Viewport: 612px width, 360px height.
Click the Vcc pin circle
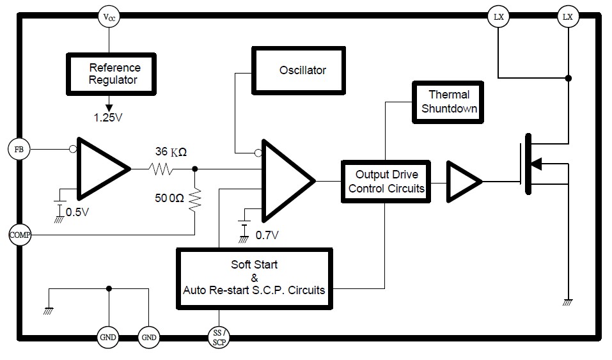point(109,17)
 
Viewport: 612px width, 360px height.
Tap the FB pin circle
point(19,149)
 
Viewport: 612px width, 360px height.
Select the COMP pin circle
point(20,235)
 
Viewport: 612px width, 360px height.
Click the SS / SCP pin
point(219,338)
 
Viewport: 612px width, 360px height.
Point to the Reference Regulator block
point(111,74)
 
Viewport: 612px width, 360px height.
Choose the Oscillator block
point(299,71)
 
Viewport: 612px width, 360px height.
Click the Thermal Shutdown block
point(448,102)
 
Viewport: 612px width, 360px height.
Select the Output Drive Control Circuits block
point(386,182)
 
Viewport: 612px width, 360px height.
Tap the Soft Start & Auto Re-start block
point(255,279)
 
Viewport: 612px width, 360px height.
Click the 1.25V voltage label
point(108,118)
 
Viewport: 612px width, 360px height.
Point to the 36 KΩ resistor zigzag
point(161,169)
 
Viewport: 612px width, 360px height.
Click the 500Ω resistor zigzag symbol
point(195,201)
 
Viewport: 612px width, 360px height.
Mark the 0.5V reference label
point(77,212)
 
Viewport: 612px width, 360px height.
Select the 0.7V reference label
point(267,235)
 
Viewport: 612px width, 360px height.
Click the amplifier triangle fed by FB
point(104,169)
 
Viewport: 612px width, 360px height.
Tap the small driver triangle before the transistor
point(464,182)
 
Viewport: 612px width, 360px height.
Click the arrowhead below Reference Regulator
point(109,108)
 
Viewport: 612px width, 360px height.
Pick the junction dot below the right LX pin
point(569,78)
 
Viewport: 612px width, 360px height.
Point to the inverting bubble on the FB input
point(73,149)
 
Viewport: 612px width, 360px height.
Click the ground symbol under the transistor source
point(568,302)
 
